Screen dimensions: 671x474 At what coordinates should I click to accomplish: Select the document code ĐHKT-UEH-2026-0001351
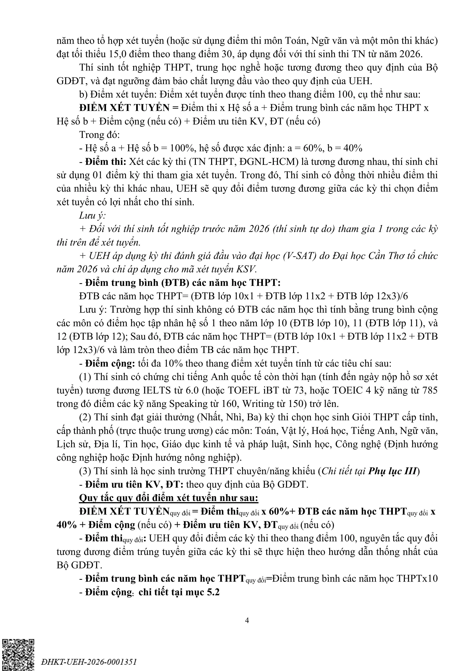coord(89,662)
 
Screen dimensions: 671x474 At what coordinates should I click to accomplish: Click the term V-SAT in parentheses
coord(300,256)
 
